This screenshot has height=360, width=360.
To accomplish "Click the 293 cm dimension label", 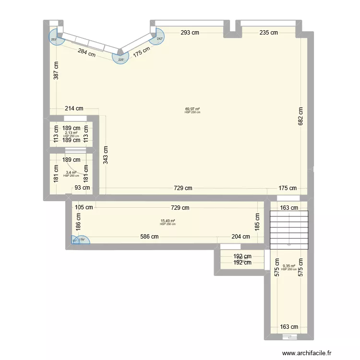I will coord(190,33).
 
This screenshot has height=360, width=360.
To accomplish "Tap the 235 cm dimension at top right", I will coord(268,33).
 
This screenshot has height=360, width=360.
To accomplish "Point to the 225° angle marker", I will coord(120,59).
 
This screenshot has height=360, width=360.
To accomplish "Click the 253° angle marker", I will coord(55,39).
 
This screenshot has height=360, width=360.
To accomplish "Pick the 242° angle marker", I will coord(159,39).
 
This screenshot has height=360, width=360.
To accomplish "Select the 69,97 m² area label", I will coord(192,109).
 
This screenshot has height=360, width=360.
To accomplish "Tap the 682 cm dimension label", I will coord(300,116).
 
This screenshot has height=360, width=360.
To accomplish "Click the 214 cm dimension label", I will coord(74,108).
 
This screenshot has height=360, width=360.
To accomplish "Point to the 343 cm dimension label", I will coord(105,156).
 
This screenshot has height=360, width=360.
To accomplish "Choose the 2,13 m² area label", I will coord(71,133).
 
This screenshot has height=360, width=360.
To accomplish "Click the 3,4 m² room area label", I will coord(71,172).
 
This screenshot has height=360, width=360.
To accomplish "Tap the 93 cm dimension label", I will coord(81,188).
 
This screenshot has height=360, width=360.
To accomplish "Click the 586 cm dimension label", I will coord(149,236).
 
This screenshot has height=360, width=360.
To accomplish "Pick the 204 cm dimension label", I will coord(240,236).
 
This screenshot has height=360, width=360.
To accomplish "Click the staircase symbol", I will coord(289,230).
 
